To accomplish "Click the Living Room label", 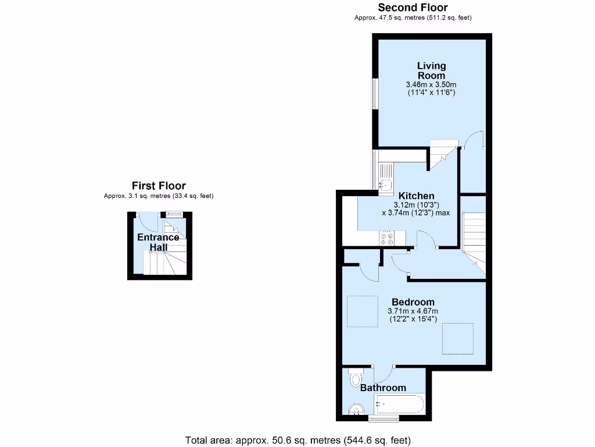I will pyautogui.click(x=431, y=70).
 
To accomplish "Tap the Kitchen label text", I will pyautogui.click(x=417, y=196).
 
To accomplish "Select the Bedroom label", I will pyautogui.click(x=413, y=302).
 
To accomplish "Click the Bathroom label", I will pyautogui.click(x=383, y=388).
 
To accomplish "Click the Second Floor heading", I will pyautogui.click(x=413, y=8).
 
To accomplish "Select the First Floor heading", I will pyautogui.click(x=159, y=186).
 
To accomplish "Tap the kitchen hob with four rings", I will pyautogui.click(x=386, y=238).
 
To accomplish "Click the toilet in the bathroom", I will pyautogui.click(x=355, y=379).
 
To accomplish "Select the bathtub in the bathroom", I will pyautogui.click(x=400, y=403).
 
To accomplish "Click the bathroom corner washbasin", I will pyautogui.click(x=357, y=410).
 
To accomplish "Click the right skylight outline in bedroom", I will pyautogui.click(x=458, y=338).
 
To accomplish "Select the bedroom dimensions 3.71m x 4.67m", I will pyautogui.click(x=413, y=311).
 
